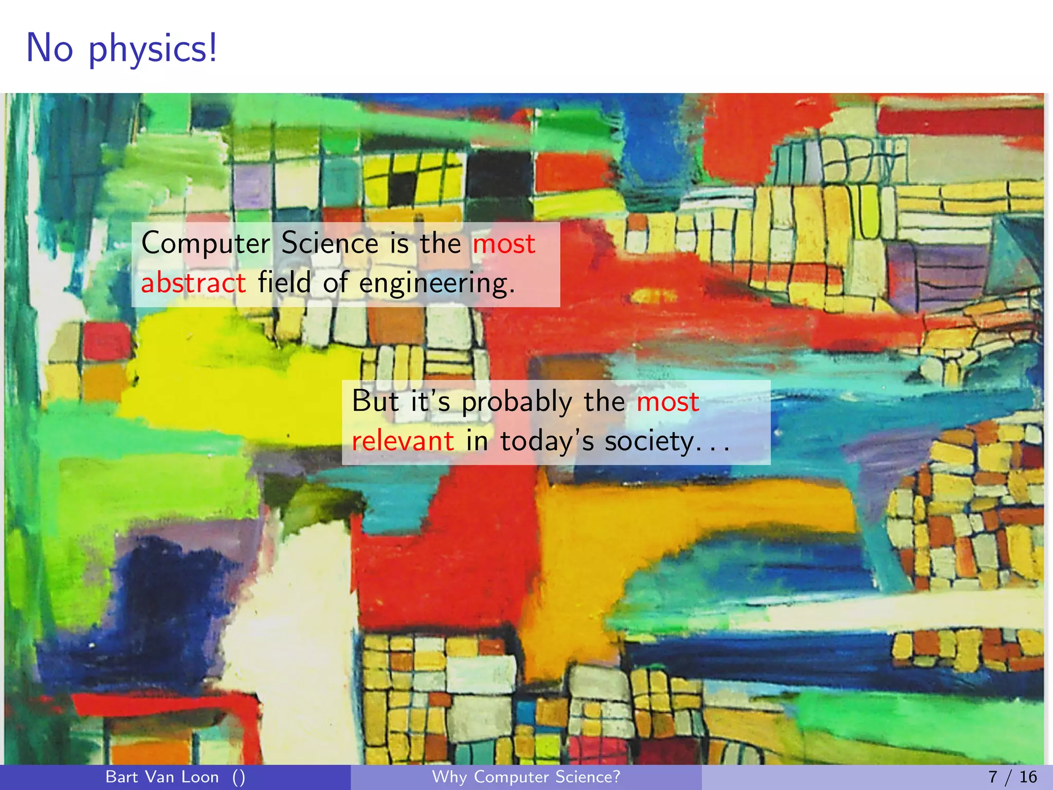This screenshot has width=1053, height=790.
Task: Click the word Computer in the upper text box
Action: [205, 243]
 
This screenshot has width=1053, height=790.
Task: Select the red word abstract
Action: [193, 283]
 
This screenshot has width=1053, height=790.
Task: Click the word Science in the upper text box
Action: [330, 243]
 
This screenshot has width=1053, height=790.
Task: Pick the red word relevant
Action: [403, 441]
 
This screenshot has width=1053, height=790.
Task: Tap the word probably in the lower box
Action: [516, 402]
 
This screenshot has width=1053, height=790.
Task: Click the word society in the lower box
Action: [649, 441]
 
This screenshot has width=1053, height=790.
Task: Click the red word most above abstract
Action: [504, 243]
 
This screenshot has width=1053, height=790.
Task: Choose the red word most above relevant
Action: [667, 402]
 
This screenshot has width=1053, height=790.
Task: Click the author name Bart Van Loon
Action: [162, 777]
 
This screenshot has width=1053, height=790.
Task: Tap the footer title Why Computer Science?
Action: [526, 777]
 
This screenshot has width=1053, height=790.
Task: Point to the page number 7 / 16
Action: [1012, 777]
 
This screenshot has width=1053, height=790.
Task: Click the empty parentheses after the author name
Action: [239, 777]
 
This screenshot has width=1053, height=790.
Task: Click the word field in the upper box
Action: [284, 282]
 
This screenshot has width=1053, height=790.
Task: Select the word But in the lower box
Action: [375, 401]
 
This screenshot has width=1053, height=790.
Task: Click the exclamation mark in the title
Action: [212, 48]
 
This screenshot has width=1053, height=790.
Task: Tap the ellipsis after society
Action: [713, 447]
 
